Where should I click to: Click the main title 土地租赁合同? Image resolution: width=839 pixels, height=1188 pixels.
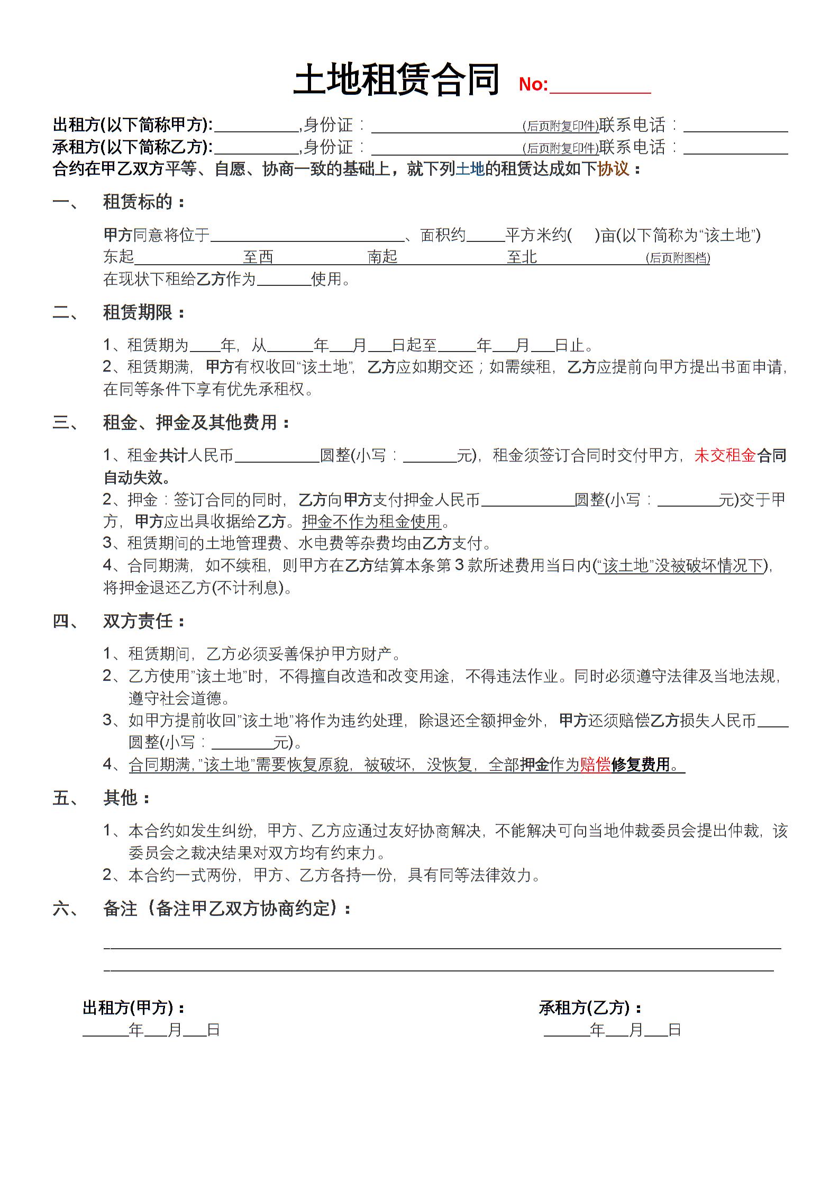396,80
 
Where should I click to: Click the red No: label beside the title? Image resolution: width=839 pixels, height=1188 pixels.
533,85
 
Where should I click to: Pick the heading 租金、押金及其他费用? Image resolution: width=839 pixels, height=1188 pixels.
196,422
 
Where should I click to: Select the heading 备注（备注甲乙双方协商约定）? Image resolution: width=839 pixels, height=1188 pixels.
227,908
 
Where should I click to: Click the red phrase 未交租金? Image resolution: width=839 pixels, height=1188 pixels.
725,455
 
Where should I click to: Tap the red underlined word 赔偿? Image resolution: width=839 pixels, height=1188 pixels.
595,764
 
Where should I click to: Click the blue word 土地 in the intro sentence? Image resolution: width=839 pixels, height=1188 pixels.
470,169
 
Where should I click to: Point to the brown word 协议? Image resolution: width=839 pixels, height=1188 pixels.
613,169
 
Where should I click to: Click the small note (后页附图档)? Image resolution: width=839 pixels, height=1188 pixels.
678,258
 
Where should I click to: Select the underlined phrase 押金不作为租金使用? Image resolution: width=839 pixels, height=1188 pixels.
371,521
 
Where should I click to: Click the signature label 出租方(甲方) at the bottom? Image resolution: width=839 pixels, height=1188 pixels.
133,1007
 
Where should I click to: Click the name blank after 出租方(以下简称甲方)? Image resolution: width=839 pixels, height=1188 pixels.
257,128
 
